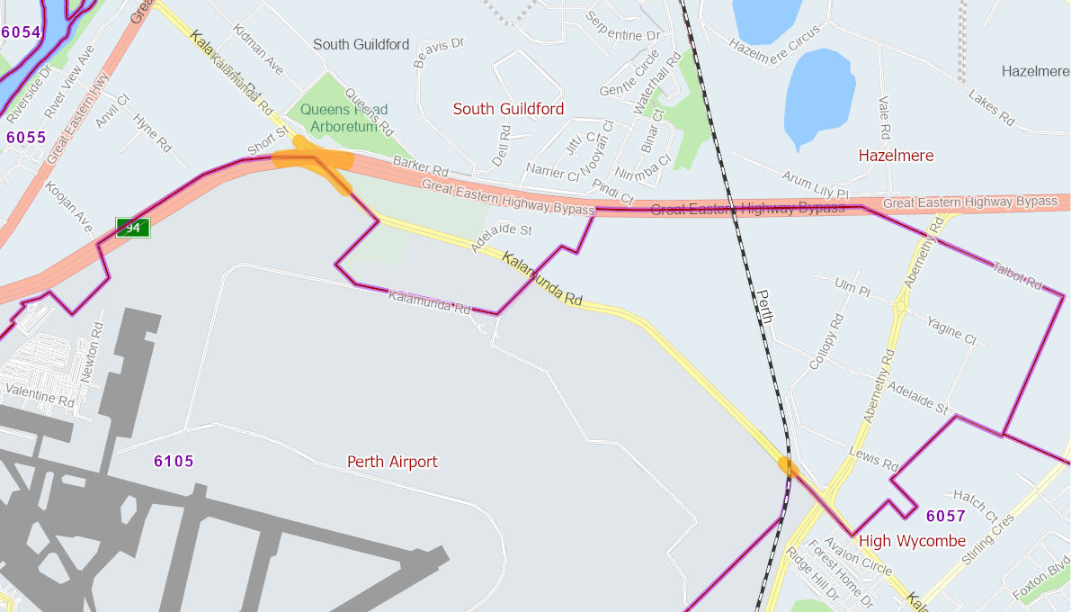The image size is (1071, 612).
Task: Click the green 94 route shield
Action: pos(132,228)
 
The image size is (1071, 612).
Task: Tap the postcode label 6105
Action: pos(174,462)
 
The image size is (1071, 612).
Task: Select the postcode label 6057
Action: pos(945,517)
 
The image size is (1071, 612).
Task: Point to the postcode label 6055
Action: pos(25,138)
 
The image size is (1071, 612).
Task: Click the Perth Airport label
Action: pos(392,462)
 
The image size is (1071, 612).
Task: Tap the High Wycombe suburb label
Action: pos(912,541)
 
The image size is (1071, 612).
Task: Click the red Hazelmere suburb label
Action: pos(896,156)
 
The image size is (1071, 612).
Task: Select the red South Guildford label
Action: pos(508,109)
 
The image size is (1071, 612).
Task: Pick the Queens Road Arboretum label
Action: pos(338,118)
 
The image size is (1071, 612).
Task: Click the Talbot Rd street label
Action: pos(1017,274)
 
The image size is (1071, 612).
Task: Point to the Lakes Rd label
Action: pos(990,107)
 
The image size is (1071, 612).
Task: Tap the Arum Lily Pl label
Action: pos(815,186)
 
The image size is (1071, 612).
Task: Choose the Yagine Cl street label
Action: pos(951,330)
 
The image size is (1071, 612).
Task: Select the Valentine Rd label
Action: pos(41,394)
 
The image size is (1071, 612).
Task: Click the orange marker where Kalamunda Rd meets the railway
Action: pos(788,466)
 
